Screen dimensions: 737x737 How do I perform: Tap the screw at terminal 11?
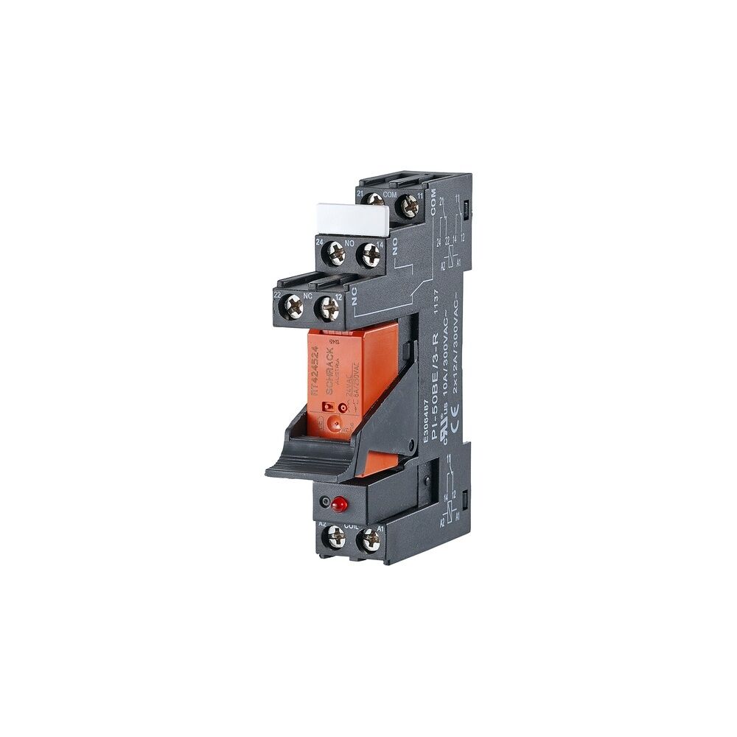pyautogui.click(x=408, y=206)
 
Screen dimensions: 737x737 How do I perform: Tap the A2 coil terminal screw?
pyautogui.click(x=335, y=538)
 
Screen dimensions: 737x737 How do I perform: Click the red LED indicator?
pyautogui.click(x=340, y=506)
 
